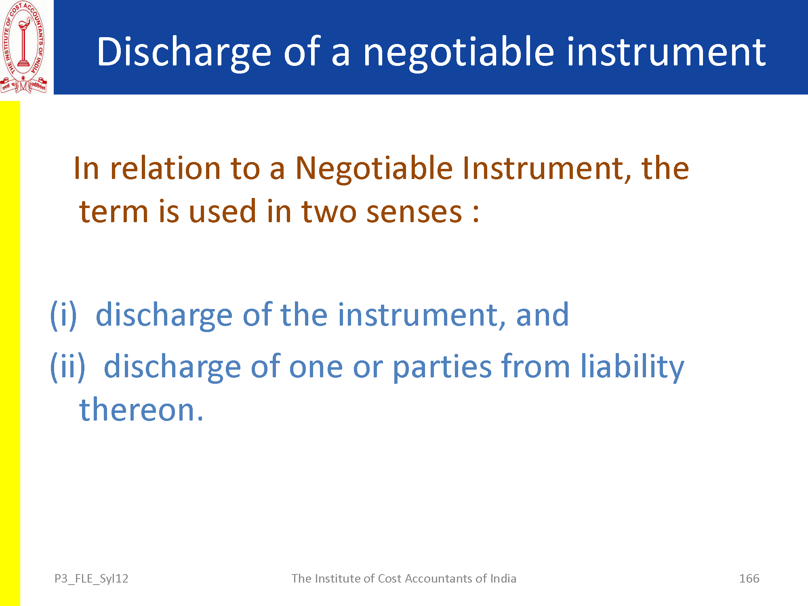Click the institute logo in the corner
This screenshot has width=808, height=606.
[x=24, y=47]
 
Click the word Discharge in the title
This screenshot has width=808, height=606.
[x=184, y=53]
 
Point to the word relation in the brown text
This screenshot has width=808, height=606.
[x=165, y=168]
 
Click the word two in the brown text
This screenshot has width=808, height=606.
[x=329, y=212]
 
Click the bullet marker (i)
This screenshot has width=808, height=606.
[x=63, y=316]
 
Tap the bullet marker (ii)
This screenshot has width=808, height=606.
[x=67, y=367]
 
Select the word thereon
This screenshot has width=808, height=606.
[x=141, y=410]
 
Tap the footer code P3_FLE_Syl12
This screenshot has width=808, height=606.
[x=91, y=579]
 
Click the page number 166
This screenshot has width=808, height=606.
[x=749, y=579]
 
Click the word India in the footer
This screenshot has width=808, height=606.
[x=503, y=579]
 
